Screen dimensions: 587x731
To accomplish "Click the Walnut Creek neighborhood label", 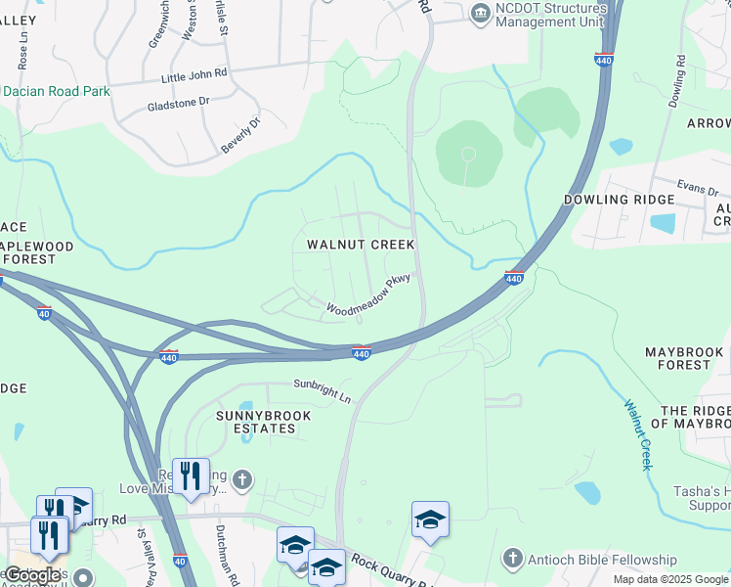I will click(x=361, y=245).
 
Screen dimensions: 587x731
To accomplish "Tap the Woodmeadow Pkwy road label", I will click(x=366, y=296).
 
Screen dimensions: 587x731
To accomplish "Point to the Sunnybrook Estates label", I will click(x=263, y=423).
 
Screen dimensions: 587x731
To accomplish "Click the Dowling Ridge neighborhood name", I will click(x=619, y=200).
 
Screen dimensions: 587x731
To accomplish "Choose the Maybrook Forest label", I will click(x=677, y=358).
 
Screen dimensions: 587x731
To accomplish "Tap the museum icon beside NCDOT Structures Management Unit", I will click(x=480, y=12).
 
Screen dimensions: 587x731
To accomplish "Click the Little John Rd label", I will click(x=194, y=74).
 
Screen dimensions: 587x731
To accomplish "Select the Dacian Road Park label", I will click(x=56, y=91).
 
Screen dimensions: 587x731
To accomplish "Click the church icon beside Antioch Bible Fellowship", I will click(x=512, y=560).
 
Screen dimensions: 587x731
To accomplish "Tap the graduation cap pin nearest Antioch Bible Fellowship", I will click(x=430, y=519).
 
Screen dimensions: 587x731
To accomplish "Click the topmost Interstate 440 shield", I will click(x=604, y=59).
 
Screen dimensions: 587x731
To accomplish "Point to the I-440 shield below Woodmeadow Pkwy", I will click(x=361, y=353).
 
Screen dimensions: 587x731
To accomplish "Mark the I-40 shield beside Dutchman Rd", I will click(x=180, y=561).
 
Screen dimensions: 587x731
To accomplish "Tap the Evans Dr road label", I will click(x=699, y=186).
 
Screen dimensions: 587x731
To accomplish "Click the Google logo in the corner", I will click(x=31, y=575).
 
